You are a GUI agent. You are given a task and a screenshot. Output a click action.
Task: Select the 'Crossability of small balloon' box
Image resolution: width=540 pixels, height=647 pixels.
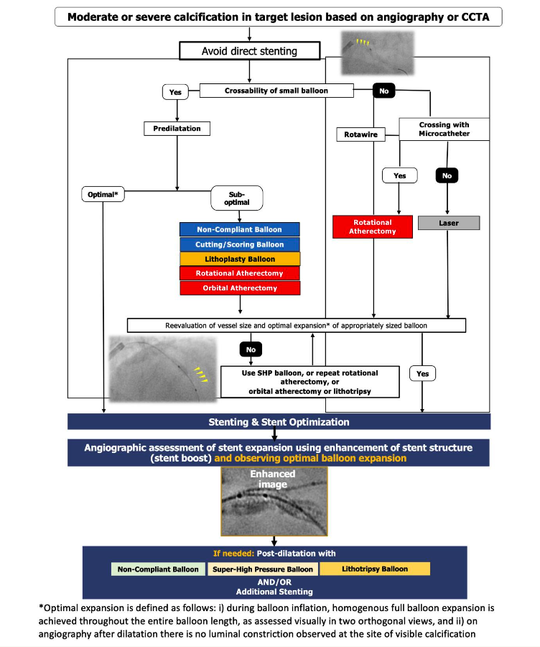(277, 91)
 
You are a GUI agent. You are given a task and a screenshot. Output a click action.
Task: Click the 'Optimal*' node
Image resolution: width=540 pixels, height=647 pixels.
(105, 195)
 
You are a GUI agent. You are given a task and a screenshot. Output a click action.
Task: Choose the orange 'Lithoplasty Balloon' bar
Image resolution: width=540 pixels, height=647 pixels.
(239, 259)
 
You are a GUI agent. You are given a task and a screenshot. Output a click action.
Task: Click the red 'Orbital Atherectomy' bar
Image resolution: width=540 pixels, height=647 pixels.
(239, 288)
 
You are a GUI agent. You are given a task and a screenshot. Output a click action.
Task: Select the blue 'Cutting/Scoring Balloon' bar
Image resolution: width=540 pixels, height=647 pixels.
(239, 244)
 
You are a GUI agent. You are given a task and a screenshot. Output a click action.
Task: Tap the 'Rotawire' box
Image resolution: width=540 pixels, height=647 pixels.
(358, 134)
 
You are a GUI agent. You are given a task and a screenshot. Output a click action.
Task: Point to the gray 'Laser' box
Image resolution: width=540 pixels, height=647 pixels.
(448, 224)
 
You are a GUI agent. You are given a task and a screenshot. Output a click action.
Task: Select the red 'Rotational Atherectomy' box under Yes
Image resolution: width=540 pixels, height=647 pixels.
(373, 226)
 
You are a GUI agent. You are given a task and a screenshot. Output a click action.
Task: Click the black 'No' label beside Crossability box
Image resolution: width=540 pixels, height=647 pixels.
(383, 91)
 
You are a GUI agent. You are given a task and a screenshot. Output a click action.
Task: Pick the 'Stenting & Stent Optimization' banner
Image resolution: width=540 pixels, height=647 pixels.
(279, 422)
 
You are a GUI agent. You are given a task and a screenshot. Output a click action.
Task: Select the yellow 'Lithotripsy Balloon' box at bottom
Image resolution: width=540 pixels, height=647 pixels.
(374, 569)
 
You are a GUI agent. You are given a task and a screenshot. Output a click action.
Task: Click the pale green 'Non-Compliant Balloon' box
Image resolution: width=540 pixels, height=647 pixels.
(159, 569)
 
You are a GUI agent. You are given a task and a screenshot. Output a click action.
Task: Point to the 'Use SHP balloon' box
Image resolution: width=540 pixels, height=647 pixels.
(309, 381)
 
